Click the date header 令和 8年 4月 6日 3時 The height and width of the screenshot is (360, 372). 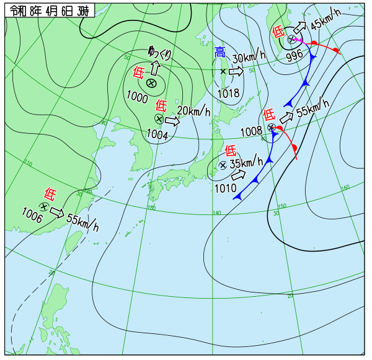[x=50, y=11]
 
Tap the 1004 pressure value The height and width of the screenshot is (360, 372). [x=157, y=133]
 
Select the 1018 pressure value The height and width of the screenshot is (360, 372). [x=228, y=94]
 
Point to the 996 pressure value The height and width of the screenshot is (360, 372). [x=294, y=55]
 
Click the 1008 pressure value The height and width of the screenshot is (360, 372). [x=251, y=131]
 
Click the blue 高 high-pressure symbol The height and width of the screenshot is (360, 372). [x=220, y=53]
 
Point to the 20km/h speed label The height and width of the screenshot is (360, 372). [x=193, y=112]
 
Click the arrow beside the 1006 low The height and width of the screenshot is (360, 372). [x=57, y=214]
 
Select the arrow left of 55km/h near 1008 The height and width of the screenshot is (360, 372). [x=286, y=117]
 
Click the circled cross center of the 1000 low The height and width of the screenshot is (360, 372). [x=151, y=84]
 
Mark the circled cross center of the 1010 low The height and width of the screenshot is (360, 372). [x=223, y=165]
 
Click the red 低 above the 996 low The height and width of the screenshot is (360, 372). [x=278, y=31]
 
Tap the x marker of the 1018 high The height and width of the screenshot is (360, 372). [x=223, y=72]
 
